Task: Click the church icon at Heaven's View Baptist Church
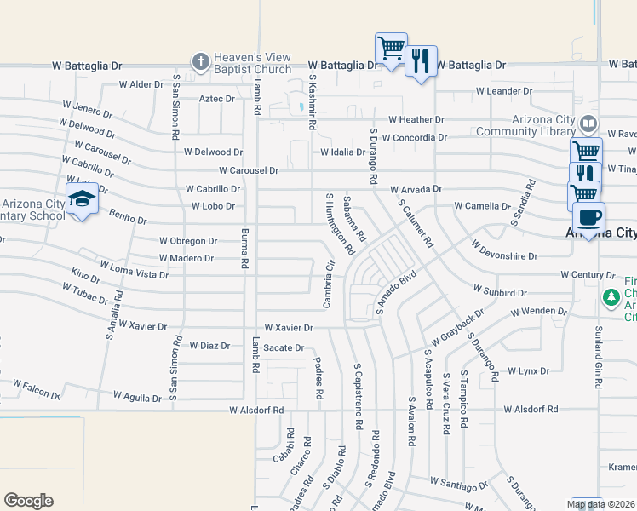[x=200, y=61]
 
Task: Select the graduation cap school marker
[x=81, y=199]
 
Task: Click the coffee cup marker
[x=588, y=216]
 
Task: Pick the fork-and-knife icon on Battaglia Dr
[x=420, y=60]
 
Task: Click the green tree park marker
[x=610, y=298]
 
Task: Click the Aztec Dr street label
[x=216, y=99]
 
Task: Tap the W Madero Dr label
[x=186, y=258]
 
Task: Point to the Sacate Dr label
[x=284, y=348]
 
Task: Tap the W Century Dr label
[x=587, y=275]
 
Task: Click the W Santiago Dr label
[x=459, y=483]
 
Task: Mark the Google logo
[x=28, y=501]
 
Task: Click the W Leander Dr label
[x=503, y=90]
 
